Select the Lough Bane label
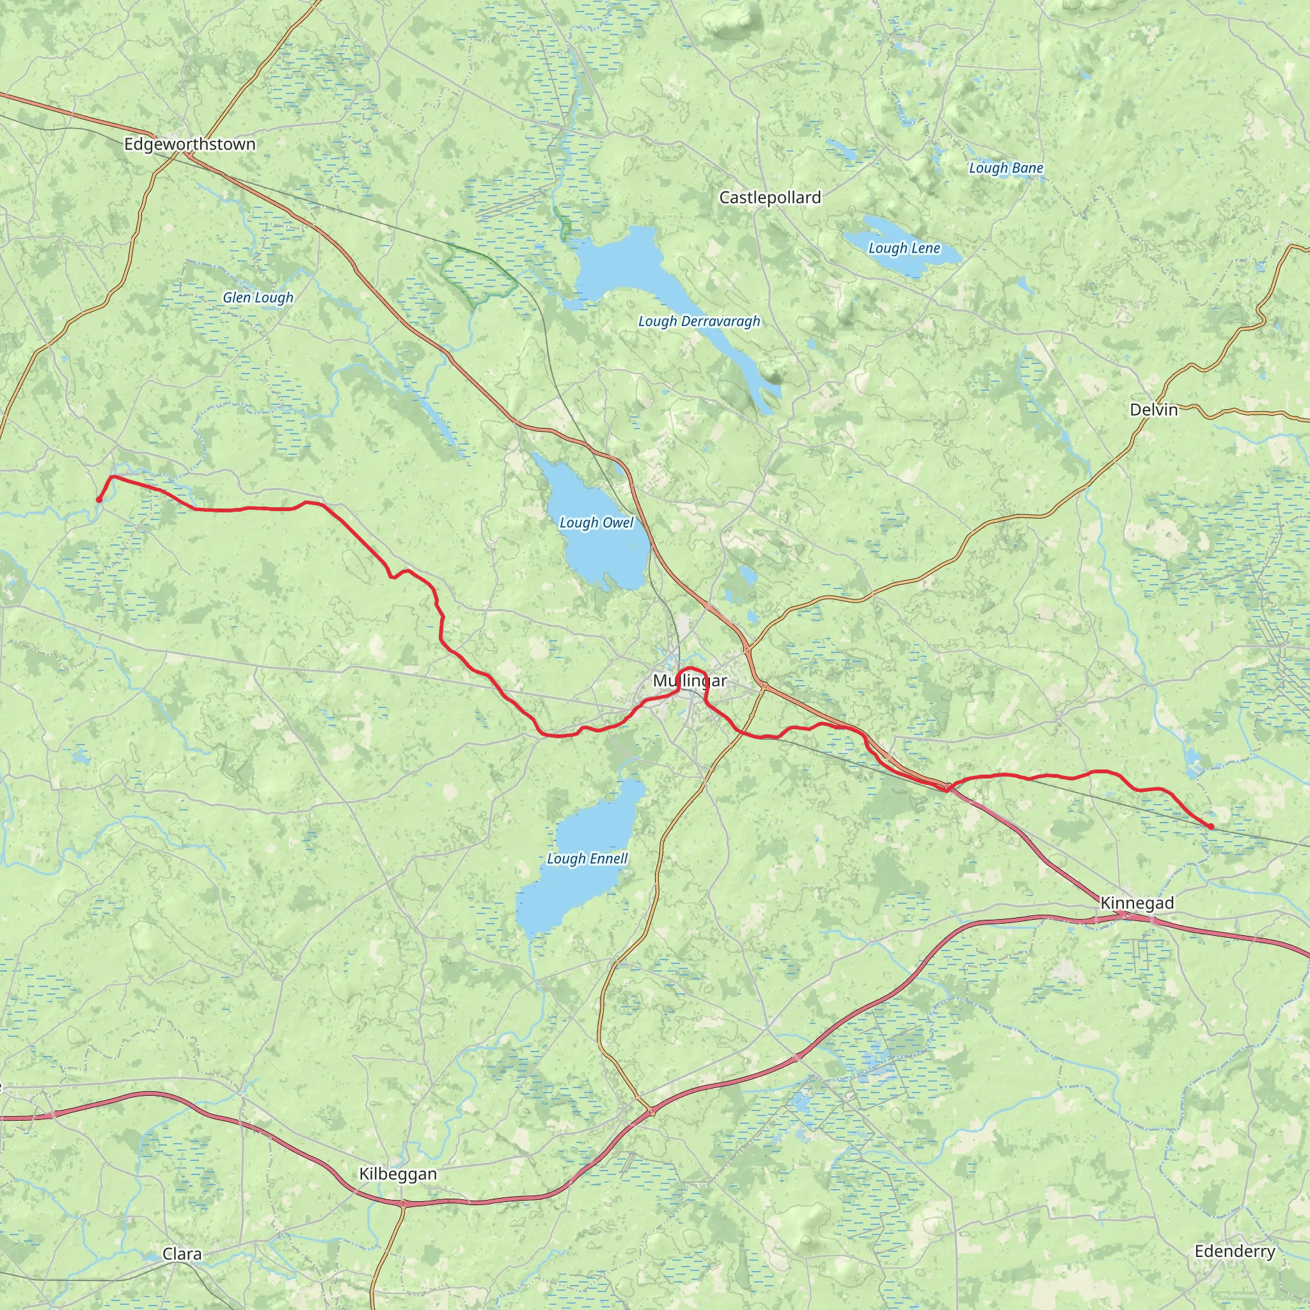(1006, 168)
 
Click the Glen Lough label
(258, 297)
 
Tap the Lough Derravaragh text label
(699, 321)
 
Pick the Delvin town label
(1153, 409)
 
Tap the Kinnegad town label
(1137, 903)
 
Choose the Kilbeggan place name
(397, 1174)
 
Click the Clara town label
(182, 1254)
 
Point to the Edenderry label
(1235, 1251)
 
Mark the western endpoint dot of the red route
(99, 500)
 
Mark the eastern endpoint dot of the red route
(1211, 826)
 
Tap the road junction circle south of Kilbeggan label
(402, 1204)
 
